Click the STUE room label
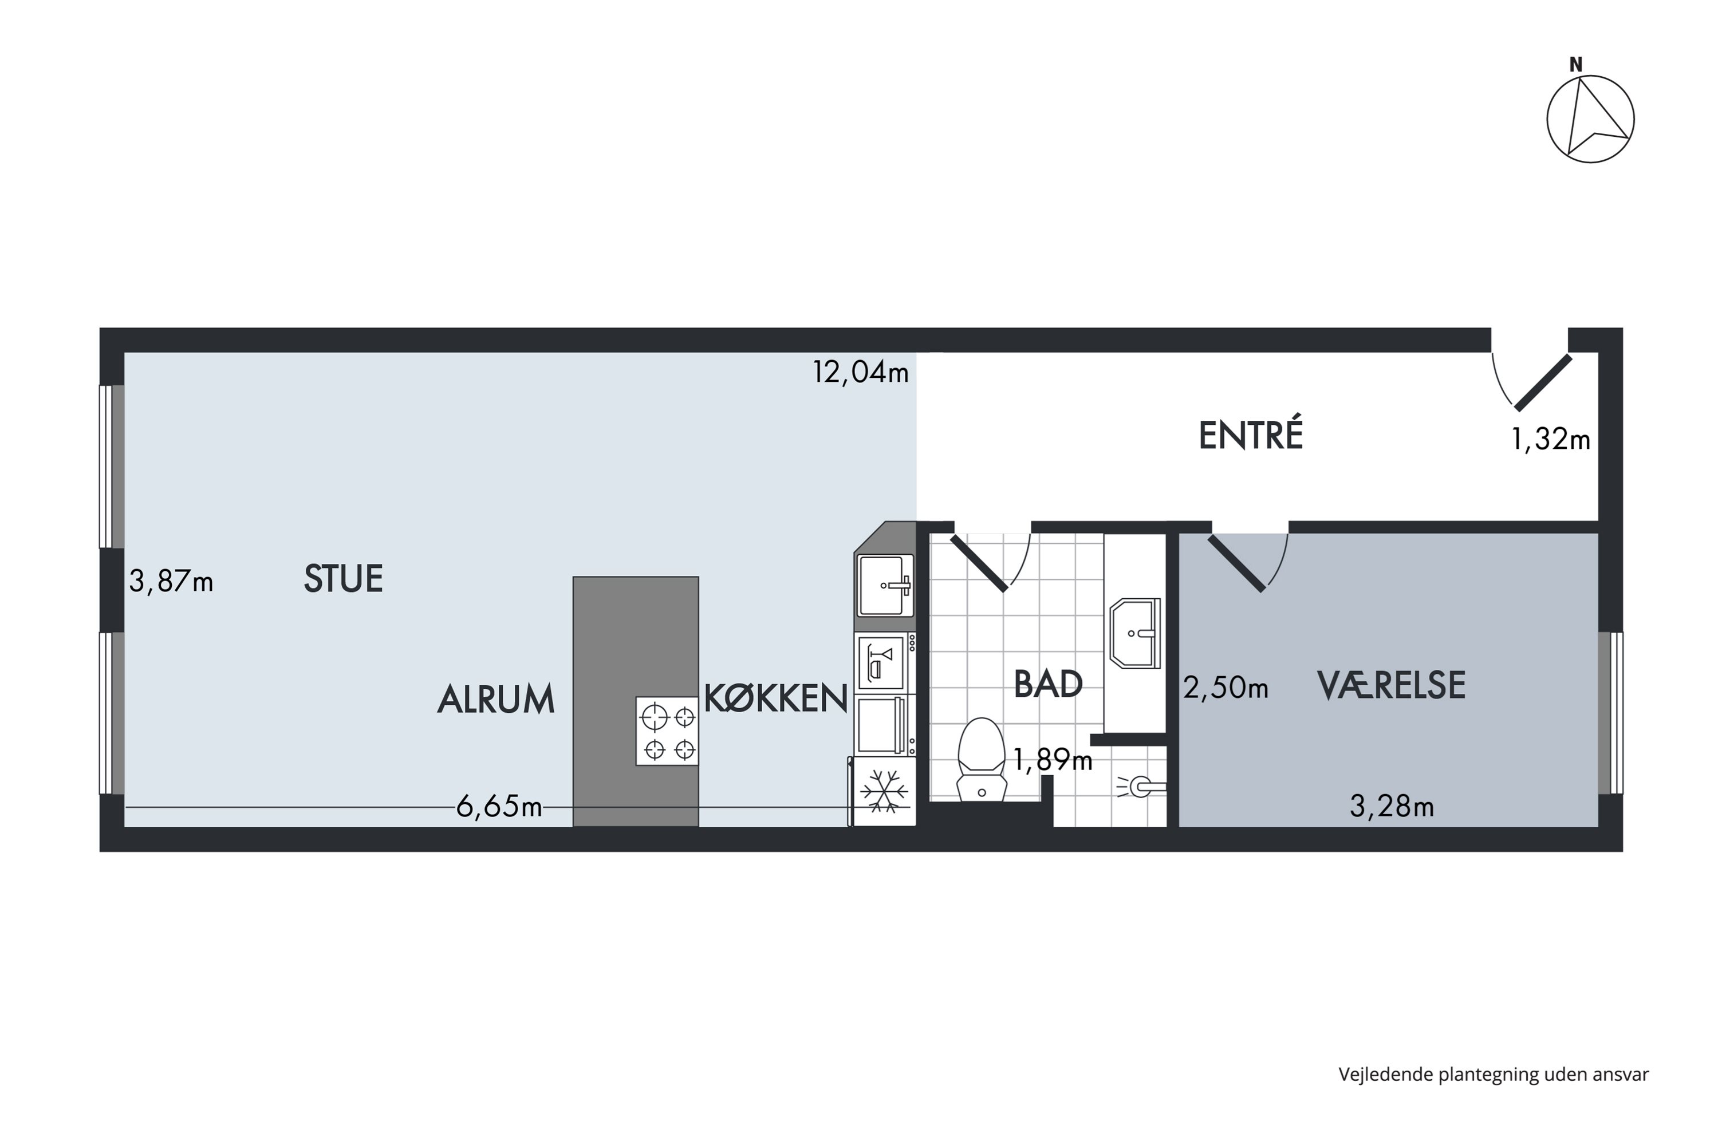(x=343, y=579)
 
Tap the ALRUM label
(x=496, y=700)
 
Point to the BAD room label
(x=1047, y=684)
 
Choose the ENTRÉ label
(x=1251, y=435)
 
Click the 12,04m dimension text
(x=861, y=373)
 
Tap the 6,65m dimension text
(x=499, y=807)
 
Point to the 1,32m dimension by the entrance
(x=1550, y=440)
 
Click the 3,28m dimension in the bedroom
(x=1392, y=806)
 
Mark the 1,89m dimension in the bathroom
(x=1052, y=761)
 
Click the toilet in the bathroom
(x=981, y=760)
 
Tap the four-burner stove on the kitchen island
(x=667, y=731)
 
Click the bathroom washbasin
(x=1134, y=633)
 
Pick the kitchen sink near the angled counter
(x=885, y=585)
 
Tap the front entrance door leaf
(x=1543, y=382)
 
